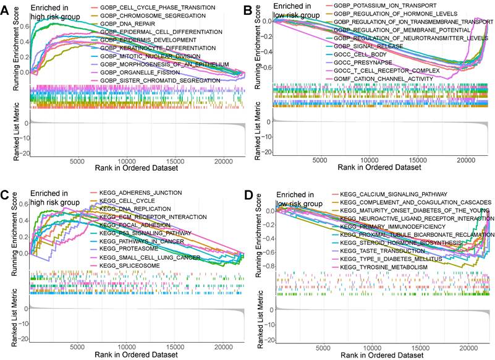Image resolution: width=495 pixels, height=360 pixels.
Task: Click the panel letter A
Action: (5, 8)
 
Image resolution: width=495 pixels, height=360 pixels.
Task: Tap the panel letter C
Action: (5, 196)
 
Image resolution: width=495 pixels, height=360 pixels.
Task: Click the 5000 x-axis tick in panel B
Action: (321, 161)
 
